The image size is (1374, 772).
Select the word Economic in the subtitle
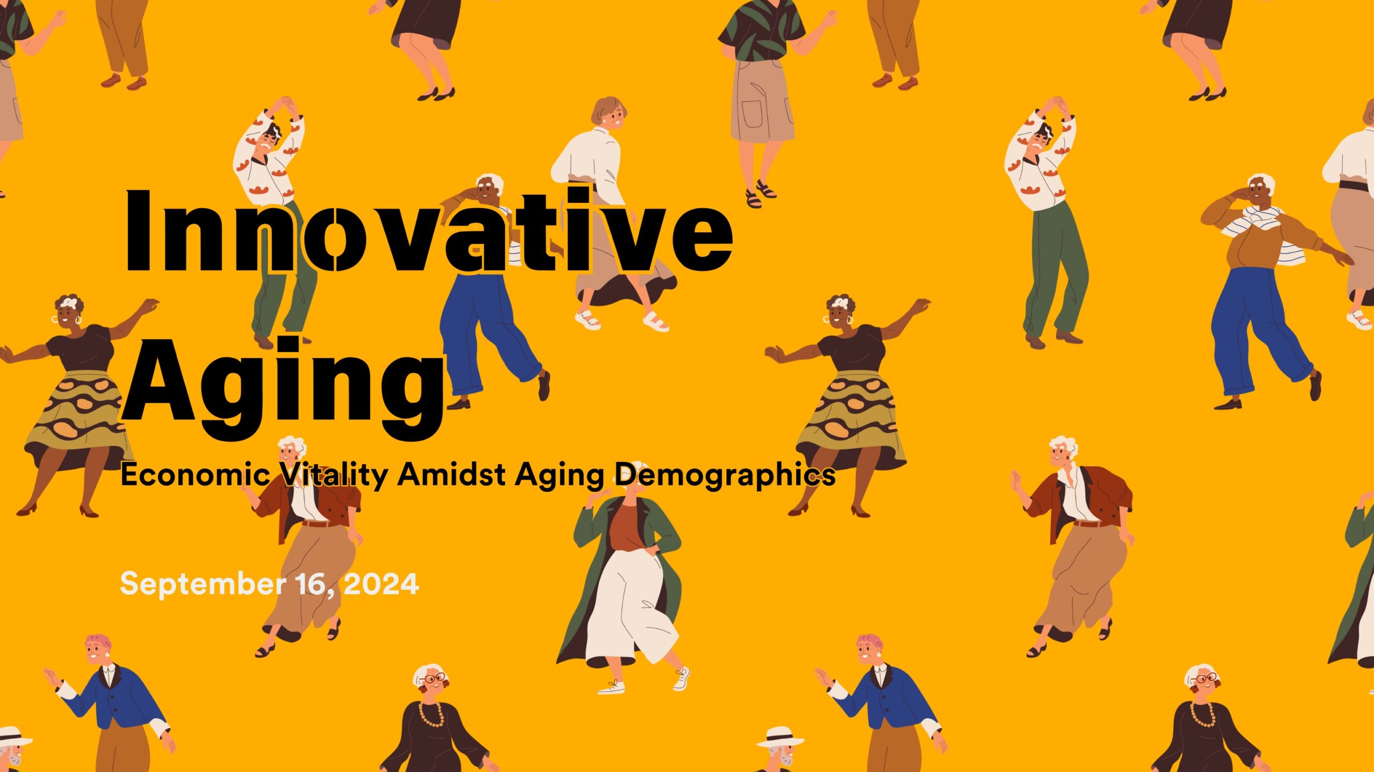tap(195, 475)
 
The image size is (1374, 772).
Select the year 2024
tap(381, 584)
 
